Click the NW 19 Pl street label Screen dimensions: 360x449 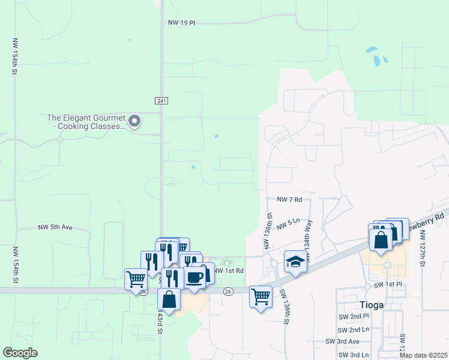[x=182, y=23]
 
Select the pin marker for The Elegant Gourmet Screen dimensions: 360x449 [x=135, y=121]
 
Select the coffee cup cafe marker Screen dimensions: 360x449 [x=194, y=277]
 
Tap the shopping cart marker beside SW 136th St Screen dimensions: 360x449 [x=261, y=295]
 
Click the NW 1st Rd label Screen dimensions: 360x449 [x=229, y=271]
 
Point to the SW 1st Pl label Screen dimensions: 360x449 [x=386, y=283]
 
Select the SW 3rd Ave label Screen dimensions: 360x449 [x=342, y=341]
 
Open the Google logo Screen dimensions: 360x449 [x=20, y=353]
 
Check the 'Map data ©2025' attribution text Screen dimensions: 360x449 [x=423, y=355]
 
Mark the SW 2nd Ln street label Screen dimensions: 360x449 [x=354, y=329]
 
